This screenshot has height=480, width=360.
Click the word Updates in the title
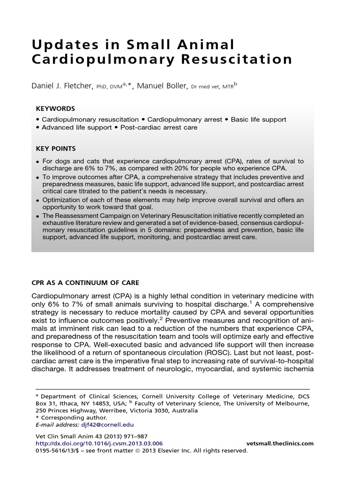(60, 45)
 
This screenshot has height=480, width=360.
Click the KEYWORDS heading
(55, 108)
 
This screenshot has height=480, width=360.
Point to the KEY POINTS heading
(56, 149)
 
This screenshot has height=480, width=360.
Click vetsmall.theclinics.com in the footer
(280, 443)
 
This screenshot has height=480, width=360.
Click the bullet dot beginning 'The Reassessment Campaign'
(37, 216)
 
